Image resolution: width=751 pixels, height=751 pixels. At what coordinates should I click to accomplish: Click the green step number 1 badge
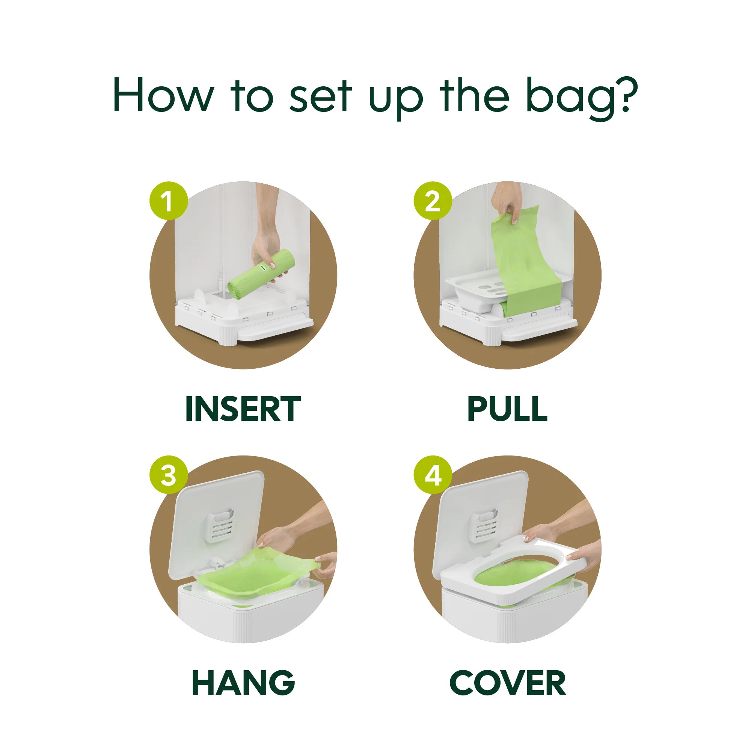tap(169, 201)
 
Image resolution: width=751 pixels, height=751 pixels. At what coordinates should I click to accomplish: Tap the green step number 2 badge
tap(433, 201)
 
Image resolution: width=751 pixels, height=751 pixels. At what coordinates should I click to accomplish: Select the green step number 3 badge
tap(169, 475)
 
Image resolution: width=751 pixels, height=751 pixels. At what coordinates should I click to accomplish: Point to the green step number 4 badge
tap(433, 475)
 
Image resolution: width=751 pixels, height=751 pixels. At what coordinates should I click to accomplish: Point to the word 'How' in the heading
tap(163, 95)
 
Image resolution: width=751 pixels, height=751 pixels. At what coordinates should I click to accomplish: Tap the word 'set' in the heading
tap(321, 97)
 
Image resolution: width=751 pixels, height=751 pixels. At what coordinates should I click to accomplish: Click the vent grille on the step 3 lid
tap(220, 527)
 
